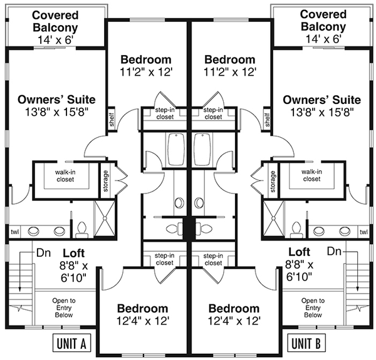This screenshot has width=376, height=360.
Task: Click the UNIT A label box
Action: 71,342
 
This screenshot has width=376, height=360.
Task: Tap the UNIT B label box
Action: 306,342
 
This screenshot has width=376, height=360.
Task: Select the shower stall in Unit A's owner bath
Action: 105,219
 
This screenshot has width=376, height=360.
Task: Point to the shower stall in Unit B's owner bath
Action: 273,219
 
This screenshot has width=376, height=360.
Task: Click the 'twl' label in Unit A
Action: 15,232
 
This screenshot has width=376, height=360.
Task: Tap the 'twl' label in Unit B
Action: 363,232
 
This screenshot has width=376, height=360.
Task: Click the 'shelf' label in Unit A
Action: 112,120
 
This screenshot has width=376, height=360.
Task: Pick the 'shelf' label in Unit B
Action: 268,120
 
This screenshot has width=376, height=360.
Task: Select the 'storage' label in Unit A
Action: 105,181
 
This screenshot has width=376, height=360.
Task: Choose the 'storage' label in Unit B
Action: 273,182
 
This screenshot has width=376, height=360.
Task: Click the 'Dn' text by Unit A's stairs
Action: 43,252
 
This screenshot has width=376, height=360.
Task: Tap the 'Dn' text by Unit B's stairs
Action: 334,251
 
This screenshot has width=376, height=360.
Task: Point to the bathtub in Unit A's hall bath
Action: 176,150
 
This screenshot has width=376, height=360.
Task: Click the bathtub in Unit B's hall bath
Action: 202,150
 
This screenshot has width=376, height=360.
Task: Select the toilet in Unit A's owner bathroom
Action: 81,230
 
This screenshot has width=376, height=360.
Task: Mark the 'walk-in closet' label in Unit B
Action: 311,175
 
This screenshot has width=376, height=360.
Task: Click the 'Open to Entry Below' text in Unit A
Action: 64,308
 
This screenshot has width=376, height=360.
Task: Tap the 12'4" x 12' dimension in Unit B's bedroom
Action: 234,321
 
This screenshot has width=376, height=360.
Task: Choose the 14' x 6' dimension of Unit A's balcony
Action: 55,40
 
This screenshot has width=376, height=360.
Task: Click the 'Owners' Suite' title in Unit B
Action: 322,100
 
